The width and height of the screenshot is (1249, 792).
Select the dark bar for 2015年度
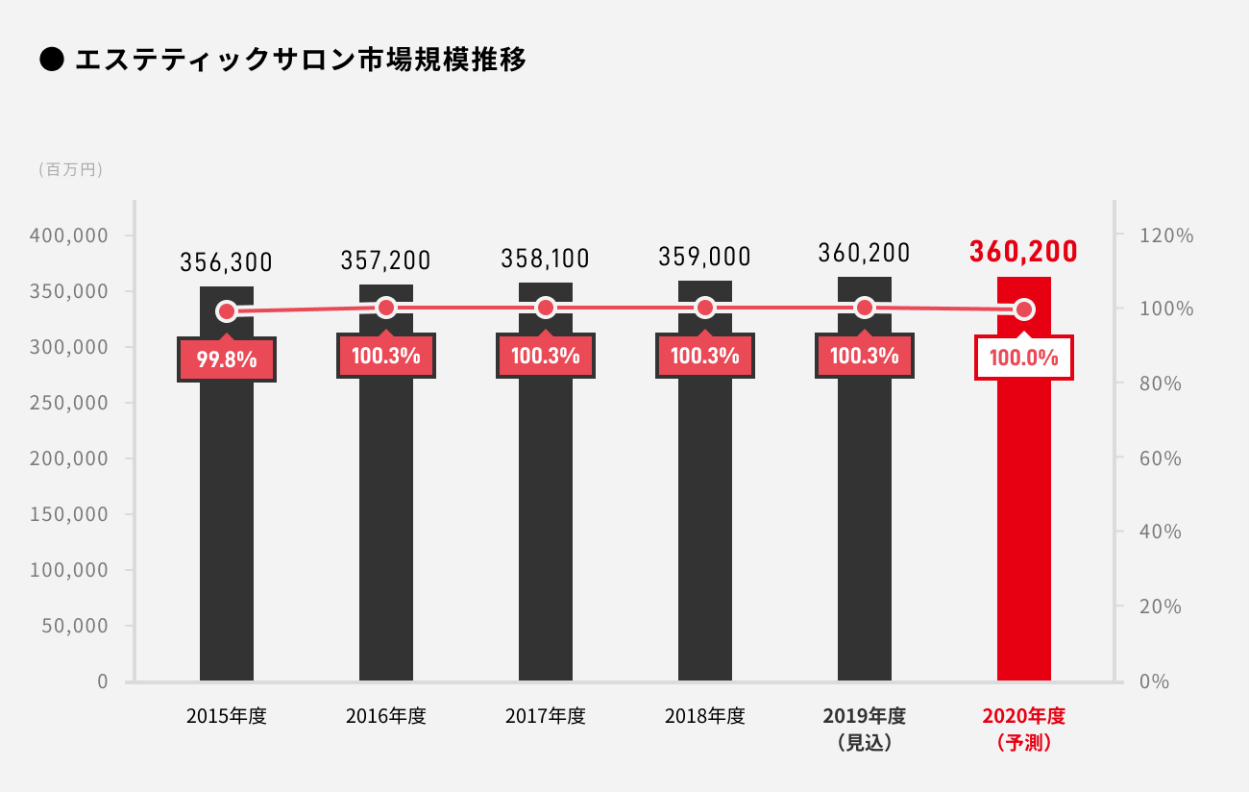point(227,519)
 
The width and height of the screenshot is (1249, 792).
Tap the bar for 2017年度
point(546,519)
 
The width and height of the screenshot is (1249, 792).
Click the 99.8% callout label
point(227,360)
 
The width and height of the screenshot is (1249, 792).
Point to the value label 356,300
point(227,261)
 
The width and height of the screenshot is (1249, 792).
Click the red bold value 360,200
point(1023,252)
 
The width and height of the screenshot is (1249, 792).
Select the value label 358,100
point(545,259)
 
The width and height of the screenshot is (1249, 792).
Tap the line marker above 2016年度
point(386,308)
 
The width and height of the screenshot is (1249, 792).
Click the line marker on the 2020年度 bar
point(1024,309)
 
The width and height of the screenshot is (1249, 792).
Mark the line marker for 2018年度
point(705,308)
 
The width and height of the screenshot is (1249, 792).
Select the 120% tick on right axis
point(1166,235)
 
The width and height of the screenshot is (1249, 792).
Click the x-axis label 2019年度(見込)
point(865,729)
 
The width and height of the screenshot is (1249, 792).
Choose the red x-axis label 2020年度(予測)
point(1024,729)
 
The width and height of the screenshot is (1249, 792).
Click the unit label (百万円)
point(71,170)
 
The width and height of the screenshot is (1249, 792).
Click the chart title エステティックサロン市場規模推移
point(300,61)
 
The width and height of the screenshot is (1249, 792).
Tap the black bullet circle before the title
point(51,61)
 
